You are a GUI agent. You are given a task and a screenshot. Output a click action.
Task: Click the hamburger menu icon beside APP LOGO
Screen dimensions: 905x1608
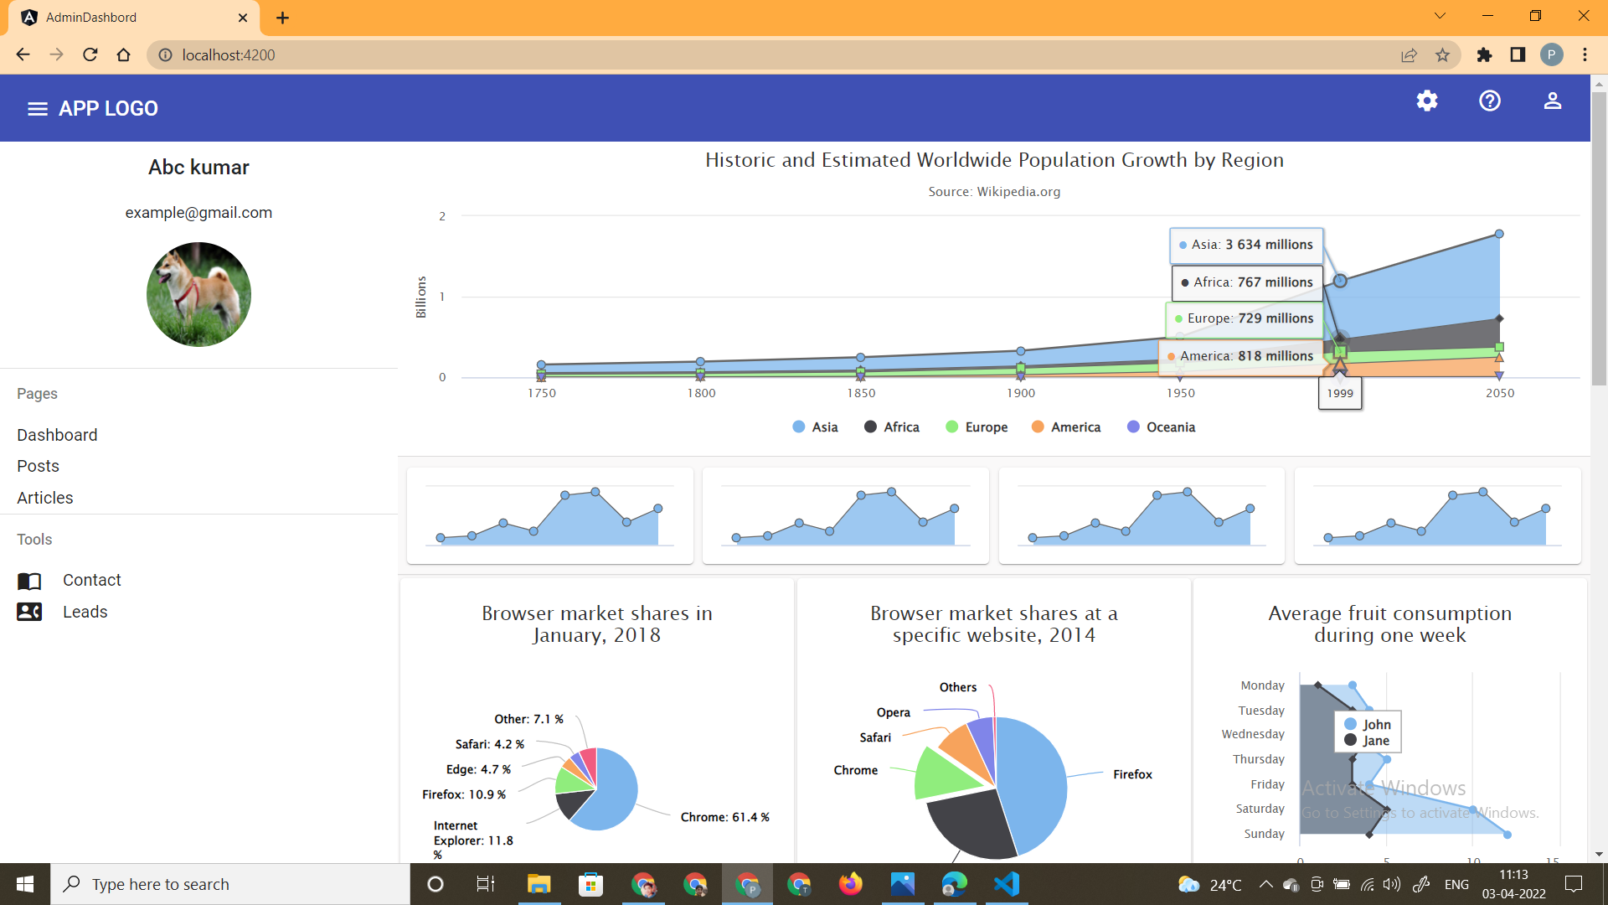pyautogui.click(x=37, y=109)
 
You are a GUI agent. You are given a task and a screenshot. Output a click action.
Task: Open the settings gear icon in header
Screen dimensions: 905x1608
pyautogui.click(x=1427, y=101)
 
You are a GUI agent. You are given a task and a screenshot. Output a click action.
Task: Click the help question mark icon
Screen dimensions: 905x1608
pyautogui.click(x=1490, y=101)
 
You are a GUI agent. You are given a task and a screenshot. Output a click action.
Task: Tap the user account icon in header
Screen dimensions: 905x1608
pyautogui.click(x=1553, y=101)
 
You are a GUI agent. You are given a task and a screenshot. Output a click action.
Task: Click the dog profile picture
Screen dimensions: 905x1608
pyautogui.click(x=198, y=295)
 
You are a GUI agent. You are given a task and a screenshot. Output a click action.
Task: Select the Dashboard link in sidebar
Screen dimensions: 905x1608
pyautogui.click(x=57, y=435)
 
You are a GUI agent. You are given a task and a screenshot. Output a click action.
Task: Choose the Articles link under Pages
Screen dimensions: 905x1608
pyautogui.click(x=45, y=498)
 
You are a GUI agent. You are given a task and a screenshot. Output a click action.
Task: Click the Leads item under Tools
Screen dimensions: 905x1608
pyautogui.click(x=85, y=612)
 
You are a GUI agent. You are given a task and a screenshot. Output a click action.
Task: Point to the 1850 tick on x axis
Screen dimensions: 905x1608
pyautogui.click(x=861, y=393)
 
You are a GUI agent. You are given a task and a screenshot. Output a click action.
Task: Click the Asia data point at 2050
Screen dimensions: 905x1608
pyautogui.click(x=1499, y=235)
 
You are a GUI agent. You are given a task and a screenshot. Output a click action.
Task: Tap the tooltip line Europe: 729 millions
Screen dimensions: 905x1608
pyautogui.click(x=1245, y=318)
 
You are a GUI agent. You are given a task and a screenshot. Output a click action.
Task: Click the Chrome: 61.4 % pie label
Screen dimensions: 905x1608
pyautogui.click(x=724, y=817)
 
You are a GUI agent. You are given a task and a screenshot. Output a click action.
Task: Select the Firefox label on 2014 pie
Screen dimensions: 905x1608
pyautogui.click(x=1132, y=774)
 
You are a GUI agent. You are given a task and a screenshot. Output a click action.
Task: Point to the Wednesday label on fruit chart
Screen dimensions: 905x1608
pyautogui.click(x=1252, y=734)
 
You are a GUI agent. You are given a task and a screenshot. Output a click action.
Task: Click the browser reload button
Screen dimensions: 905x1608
pyautogui.click(x=90, y=55)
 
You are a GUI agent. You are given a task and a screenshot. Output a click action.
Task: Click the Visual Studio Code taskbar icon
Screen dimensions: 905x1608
pyautogui.click(x=1006, y=884)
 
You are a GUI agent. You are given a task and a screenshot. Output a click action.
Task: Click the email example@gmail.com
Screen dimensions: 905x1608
pyautogui.click(x=198, y=213)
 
